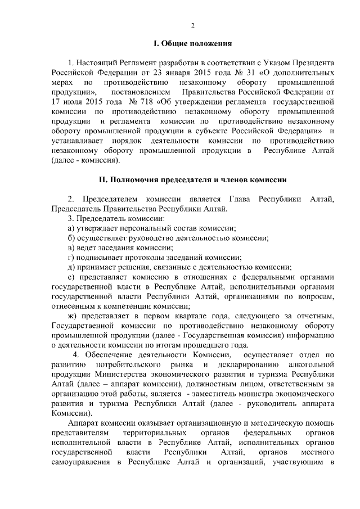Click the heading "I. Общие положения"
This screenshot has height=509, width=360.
(x=192, y=43)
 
